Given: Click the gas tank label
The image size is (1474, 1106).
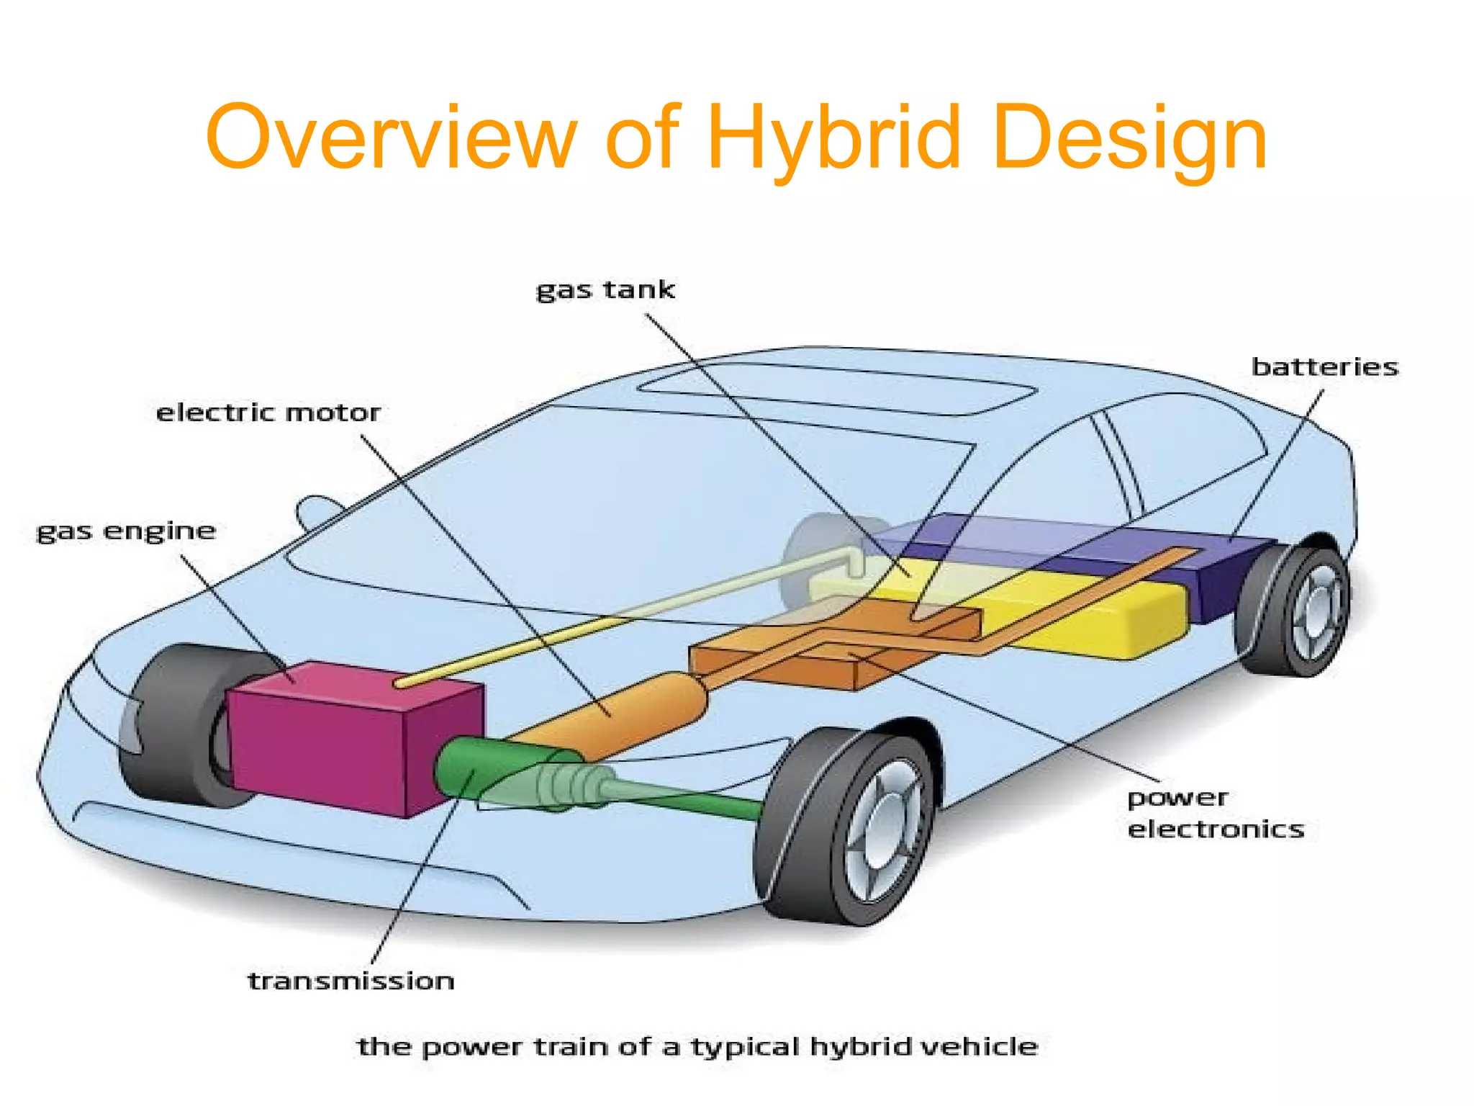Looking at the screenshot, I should (605, 289).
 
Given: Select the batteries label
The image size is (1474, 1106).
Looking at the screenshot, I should (1324, 367).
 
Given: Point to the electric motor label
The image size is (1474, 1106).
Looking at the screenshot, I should (268, 413).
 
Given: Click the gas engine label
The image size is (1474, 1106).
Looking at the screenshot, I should (126, 531).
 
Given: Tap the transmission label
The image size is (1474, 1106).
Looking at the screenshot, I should (351, 981).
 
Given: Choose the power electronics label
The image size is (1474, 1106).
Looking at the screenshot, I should (1215, 813).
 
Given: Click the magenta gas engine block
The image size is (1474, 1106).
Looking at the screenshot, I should (324, 742).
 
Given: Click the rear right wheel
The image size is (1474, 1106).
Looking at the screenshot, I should (1296, 612).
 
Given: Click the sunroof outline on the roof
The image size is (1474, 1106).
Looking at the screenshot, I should (835, 389).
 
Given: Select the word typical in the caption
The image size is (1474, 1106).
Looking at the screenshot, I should (746, 1046).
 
